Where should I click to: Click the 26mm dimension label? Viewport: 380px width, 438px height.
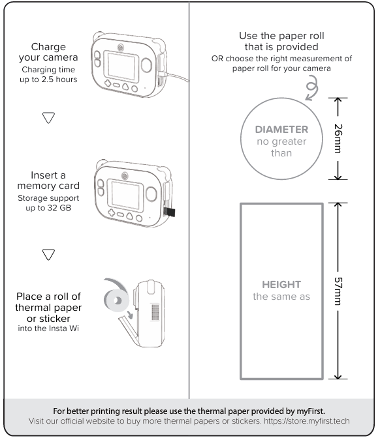pyautogui.click(x=338, y=139)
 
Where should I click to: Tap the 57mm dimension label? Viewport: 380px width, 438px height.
pyautogui.click(x=338, y=291)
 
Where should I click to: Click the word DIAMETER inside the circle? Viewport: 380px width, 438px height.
pyautogui.click(x=281, y=129)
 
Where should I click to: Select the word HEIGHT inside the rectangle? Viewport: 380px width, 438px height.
pyautogui.click(x=281, y=284)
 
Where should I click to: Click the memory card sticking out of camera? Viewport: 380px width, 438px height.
pyautogui.click(x=169, y=212)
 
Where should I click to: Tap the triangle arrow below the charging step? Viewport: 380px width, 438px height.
pyautogui.click(x=48, y=118)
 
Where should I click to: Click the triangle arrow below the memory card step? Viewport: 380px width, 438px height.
pyautogui.click(x=48, y=254)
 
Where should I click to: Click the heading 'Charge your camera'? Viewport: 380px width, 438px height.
pyautogui.click(x=48, y=52)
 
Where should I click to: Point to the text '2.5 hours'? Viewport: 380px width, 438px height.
pyautogui.click(x=59, y=80)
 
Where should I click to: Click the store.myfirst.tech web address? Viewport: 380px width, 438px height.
pyautogui.click(x=307, y=421)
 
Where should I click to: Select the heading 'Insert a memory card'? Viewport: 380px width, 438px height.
pyautogui.click(x=48, y=181)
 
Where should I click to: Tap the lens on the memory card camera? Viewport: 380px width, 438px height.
pyautogui.click(x=125, y=176)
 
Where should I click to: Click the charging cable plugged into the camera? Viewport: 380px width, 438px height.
pyautogui.click(x=175, y=76)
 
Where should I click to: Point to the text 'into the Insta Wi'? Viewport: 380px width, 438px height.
pyautogui.click(x=48, y=328)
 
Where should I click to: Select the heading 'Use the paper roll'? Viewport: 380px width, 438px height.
pyautogui.click(x=281, y=36)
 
